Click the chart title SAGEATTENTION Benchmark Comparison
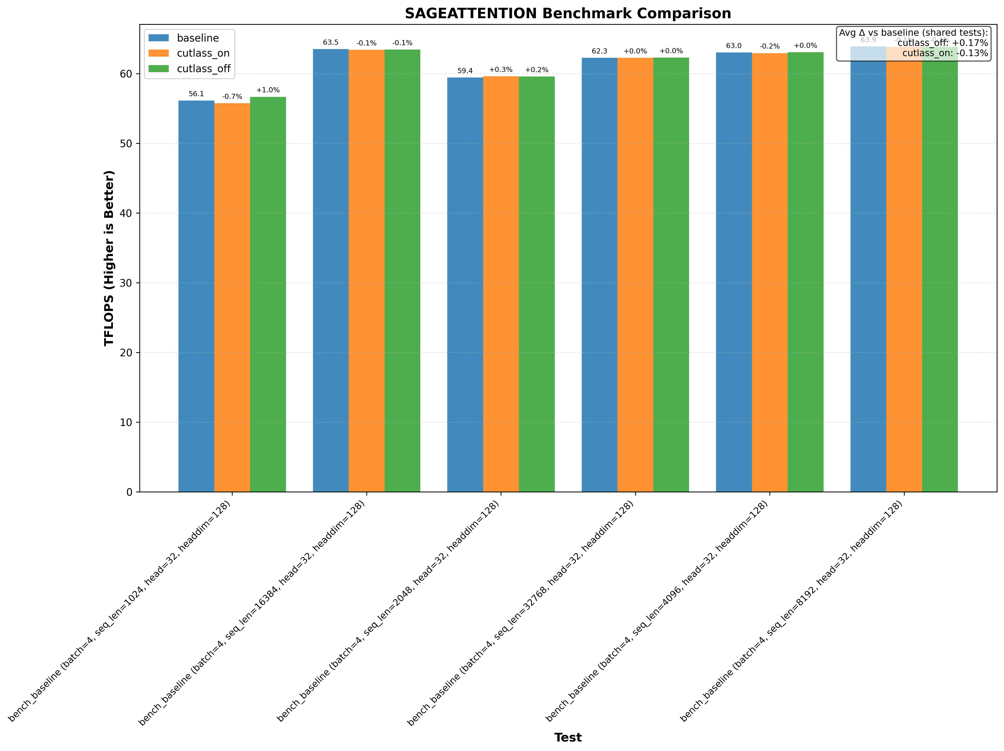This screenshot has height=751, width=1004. tap(568, 14)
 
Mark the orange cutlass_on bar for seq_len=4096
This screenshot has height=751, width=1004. tap(769, 273)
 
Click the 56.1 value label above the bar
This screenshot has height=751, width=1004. tap(196, 94)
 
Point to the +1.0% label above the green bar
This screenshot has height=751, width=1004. tap(268, 90)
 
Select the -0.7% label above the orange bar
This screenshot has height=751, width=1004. tap(232, 97)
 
